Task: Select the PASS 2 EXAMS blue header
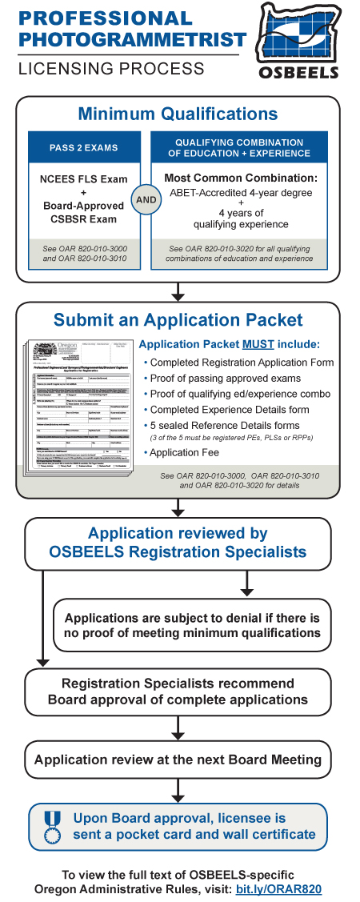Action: coord(85,148)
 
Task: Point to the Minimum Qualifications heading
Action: coord(178,114)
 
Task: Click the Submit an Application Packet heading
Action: coord(178,320)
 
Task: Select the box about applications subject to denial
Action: coord(192,626)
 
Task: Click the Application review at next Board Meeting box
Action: coord(178,759)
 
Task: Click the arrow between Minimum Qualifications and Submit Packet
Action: coord(178,291)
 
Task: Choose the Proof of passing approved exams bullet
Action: coord(225,378)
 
